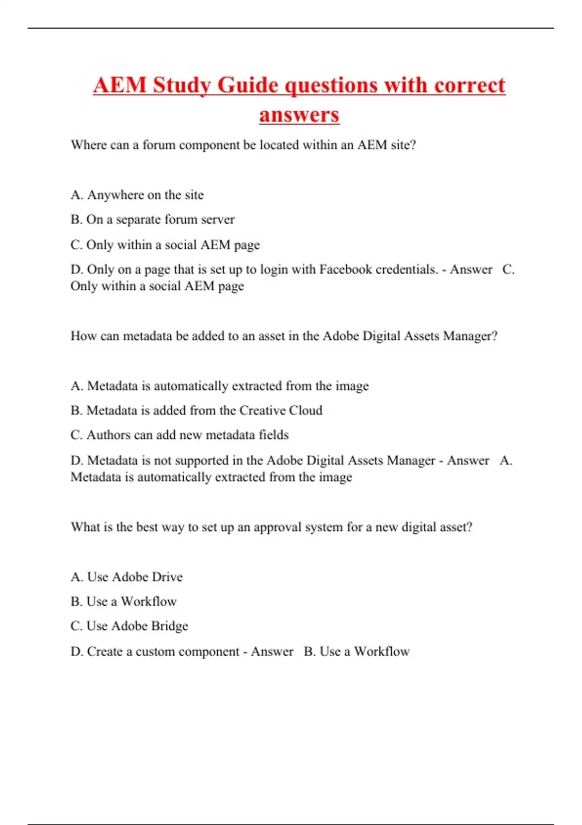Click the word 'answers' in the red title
tap(299, 115)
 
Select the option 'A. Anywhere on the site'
tap(137, 195)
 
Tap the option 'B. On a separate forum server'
tap(152, 220)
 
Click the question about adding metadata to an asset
tap(284, 336)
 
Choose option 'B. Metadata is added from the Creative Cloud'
tap(196, 411)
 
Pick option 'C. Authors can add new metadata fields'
tap(179, 435)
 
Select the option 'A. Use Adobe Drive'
tap(127, 577)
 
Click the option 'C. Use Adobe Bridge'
tap(129, 626)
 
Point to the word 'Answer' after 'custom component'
tap(272, 651)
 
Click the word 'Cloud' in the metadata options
tap(306, 411)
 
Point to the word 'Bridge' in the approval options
tap(169, 626)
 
